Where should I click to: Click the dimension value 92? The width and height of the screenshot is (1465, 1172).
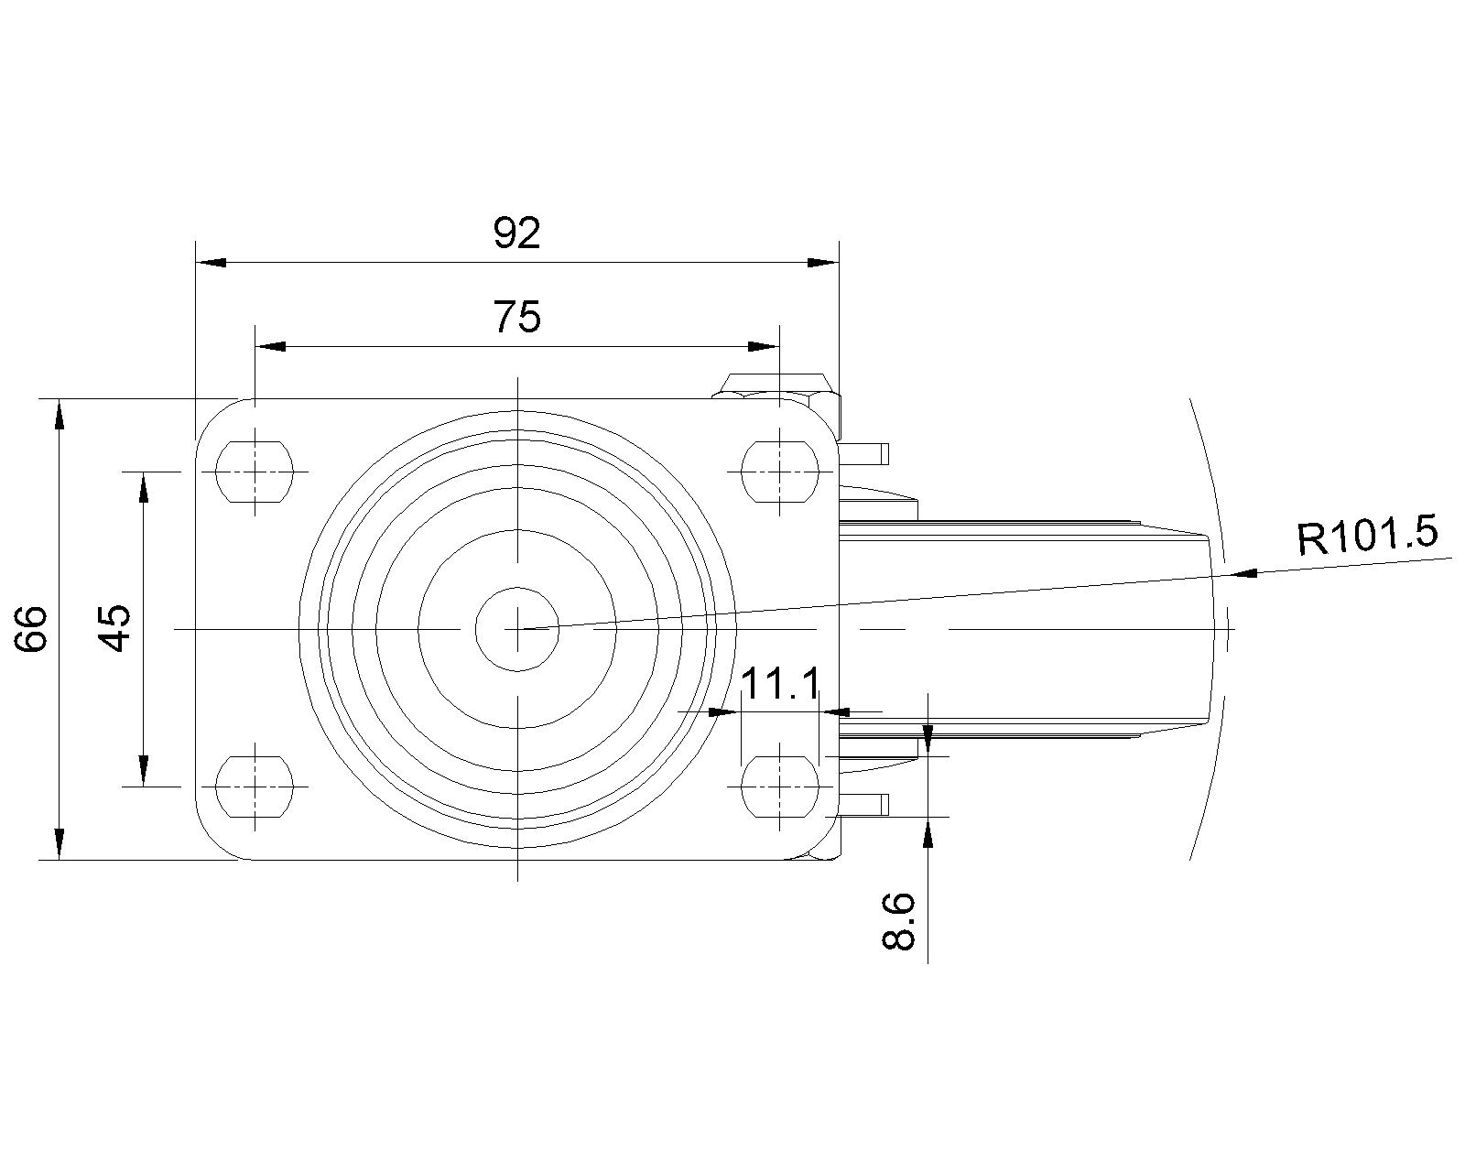coord(516,233)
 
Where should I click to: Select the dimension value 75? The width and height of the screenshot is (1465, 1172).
coord(516,317)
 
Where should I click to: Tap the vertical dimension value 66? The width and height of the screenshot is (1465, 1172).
coord(31,628)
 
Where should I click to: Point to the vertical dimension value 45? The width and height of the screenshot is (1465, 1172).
coord(114,628)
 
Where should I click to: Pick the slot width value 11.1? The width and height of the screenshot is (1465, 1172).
coord(780,684)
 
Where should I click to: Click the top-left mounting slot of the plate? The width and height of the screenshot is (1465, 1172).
coord(255,472)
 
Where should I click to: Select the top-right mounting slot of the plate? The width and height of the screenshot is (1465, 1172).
coord(779,472)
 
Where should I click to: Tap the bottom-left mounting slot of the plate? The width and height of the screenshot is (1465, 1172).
coord(255,786)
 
